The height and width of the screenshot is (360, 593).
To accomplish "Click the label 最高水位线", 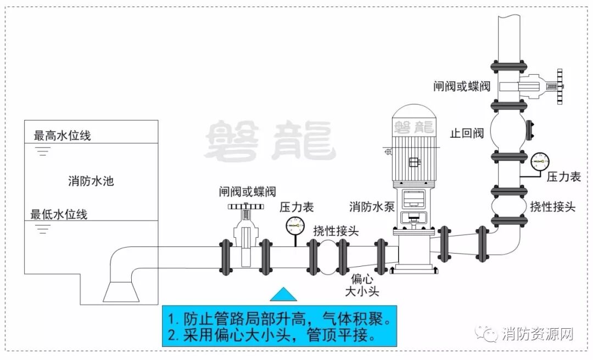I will click(x=62, y=136).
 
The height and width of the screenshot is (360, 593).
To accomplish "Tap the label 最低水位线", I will click(x=59, y=213).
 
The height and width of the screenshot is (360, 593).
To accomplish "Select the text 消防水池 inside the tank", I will click(x=91, y=180).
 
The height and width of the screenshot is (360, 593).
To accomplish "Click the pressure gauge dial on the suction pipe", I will click(x=295, y=224).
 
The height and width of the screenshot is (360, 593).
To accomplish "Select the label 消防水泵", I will click(x=372, y=207).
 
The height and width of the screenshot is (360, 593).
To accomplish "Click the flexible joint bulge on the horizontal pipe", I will click(x=328, y=257).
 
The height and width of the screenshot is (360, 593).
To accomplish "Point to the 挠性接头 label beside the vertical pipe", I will click(x=552, y=206).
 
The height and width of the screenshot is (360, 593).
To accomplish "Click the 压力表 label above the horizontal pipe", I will click(x=296, y=207).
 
